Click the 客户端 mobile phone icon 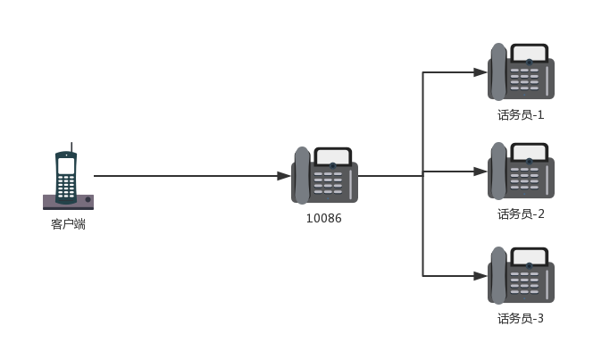click(67, 180)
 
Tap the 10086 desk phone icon click(324, 175)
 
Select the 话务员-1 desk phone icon click(521, 72)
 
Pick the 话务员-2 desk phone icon click(521, 171)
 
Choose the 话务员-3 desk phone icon click(521, 275)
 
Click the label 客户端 click(68, 224)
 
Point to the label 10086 click(323, 217)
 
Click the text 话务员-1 click(521, 114)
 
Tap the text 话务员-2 click(521, 214)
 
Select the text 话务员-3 click(521, 318)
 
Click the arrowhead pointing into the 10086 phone click(284, 176)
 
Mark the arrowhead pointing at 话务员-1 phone click(481, 72)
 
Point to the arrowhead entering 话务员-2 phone click(481, 171)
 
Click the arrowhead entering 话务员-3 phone click(481, 276)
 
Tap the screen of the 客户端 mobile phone click(66, 166)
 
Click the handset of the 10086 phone click(302, 175)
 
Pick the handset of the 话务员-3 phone click(497, 275)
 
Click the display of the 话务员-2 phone click(530, 153)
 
